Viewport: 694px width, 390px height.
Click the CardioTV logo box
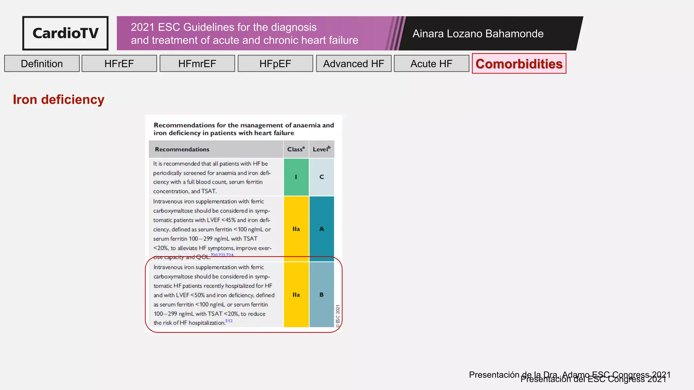click(65, 33)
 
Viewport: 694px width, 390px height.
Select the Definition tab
click(42, 64)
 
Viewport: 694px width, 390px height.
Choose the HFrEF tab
click(119, 64)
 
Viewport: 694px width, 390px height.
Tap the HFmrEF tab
click(197, 64)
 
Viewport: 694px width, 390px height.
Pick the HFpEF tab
click(275, 64)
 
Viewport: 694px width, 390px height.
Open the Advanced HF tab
click(353, 64)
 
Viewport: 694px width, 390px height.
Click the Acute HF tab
click(431, 64)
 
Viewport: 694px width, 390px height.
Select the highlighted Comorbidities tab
click(519, 64)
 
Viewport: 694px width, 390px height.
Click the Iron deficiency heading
click(59, 100)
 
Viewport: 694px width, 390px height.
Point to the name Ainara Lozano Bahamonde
click(478, 34)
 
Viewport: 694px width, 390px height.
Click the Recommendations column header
click(182, 149)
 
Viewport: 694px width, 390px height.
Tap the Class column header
click(296, 149)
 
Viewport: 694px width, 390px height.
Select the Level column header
click(322, 149)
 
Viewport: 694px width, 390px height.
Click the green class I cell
click(296, 177)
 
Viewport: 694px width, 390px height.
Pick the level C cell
click(322, 177)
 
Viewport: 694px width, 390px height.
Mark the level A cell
click(322, 229)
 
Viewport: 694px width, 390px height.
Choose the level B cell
click(322, 295)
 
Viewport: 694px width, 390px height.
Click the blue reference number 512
click(229, 321)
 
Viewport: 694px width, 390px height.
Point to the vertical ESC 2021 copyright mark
click(338, 316)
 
